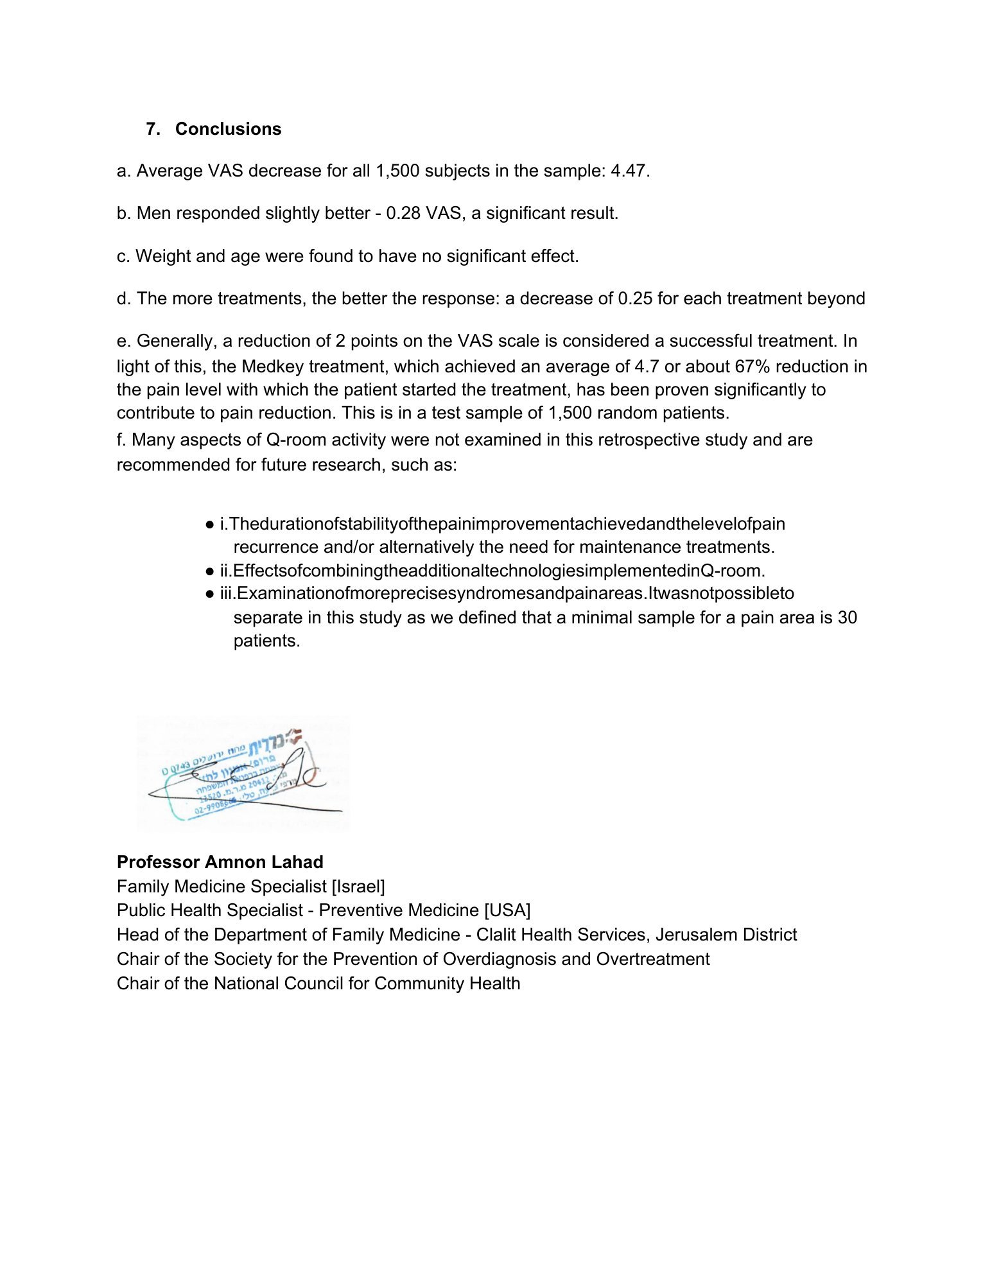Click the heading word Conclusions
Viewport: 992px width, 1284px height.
pos(228,129)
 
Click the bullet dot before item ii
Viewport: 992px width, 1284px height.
pos(210,571)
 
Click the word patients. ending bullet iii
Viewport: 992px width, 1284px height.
pos(266,641)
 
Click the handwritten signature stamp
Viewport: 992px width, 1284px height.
pos(243,774)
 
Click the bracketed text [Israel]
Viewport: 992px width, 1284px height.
pos(358,887)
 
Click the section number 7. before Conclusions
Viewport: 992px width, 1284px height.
pos(153,129)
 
